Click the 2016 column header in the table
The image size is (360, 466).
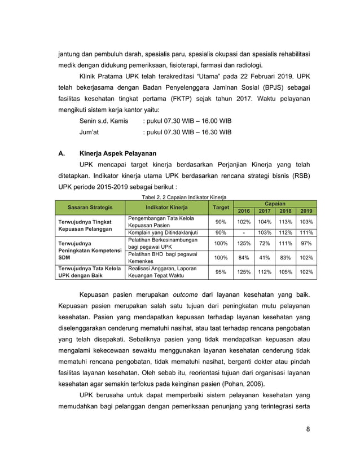[x=244, y=211]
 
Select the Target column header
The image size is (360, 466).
[x=221, y=207]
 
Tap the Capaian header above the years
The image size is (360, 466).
[x=275, y=203]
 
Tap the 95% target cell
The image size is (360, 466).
[x=221, y=272]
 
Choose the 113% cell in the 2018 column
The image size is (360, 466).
[x=286, y=222]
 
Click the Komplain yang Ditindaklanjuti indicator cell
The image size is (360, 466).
[x=163, y=232]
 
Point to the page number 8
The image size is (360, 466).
[x=308, y=429]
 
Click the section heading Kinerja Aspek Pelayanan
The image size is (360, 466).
[x=118, y=153]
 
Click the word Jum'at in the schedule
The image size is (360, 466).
[x=90, y=133]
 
